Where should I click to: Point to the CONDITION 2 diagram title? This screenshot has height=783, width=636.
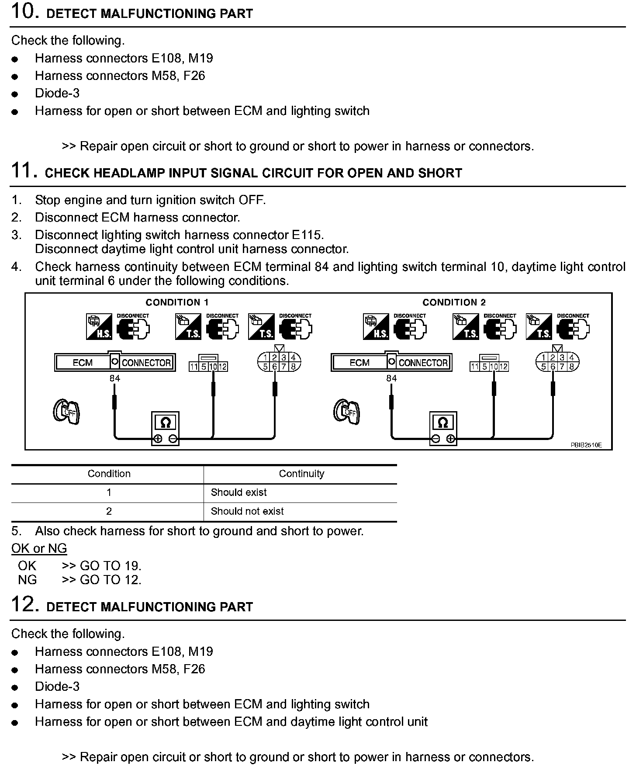tap(454, 302)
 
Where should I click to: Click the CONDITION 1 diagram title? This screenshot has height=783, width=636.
tap(177, 302)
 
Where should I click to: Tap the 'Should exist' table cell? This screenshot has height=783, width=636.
tap(238, 492)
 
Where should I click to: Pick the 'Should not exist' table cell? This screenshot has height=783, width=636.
tap(247, 511)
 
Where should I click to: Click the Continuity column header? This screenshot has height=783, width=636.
tap(301, 474)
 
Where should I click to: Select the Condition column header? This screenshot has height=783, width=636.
tap(109, 474)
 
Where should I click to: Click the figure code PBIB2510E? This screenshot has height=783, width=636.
tap(586, 445)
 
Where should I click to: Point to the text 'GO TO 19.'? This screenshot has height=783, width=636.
tap(111, 566)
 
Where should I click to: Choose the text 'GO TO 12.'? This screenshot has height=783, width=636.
tap(111, 580)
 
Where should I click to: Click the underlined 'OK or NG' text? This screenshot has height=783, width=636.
tap(39, 548)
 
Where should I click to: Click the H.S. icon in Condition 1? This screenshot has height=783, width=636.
tap(99, 326)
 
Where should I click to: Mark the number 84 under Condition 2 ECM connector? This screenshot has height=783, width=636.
tap(391, 378)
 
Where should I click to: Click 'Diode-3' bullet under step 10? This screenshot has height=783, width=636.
tap(57, 94)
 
